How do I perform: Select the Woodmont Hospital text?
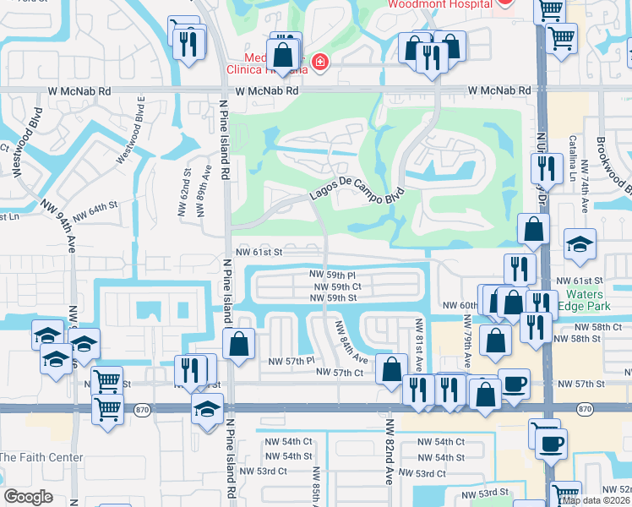[439, 4]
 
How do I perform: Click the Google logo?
[27, 497]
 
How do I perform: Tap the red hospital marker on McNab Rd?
[319, 62]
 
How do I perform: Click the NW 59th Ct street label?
[336, 287]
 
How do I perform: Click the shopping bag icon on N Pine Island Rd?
[239, 344]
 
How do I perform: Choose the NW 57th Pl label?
[291, 361]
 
